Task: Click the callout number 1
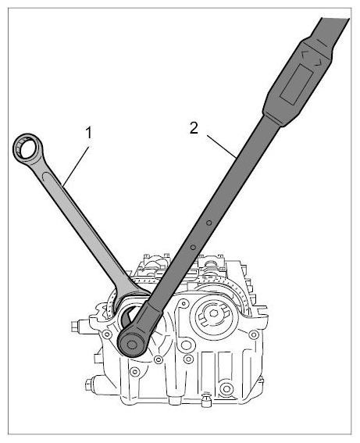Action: point(89,133)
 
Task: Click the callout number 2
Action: point(194,128)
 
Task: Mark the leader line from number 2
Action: point(221,146)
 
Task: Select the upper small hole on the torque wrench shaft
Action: point(209,223)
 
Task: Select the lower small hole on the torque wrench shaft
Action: point(193,248)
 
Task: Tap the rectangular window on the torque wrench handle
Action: point(297,84)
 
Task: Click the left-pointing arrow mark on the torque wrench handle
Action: point(305,54)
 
